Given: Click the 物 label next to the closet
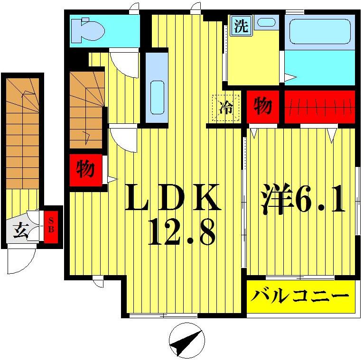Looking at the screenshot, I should pos(262,106).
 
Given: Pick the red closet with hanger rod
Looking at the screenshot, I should pos(319,106).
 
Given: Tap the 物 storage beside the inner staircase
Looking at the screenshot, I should pos(85,169).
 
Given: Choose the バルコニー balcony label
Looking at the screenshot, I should pos(299,296).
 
